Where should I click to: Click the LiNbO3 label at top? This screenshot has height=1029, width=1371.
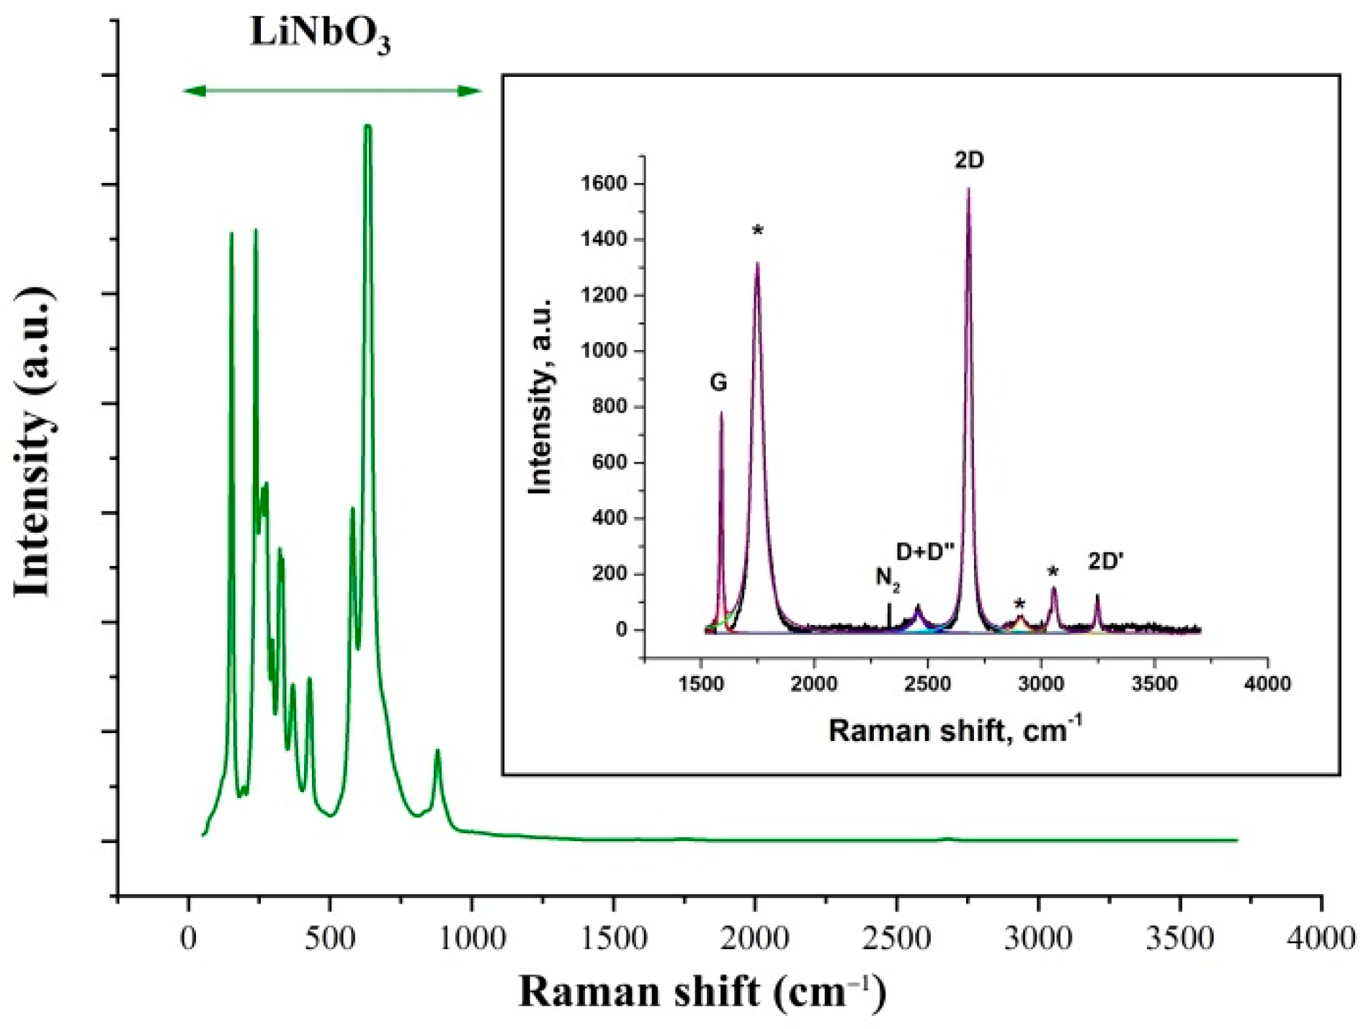[x=320, y=35]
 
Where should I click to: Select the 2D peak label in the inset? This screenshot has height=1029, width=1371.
[x=969, y=161]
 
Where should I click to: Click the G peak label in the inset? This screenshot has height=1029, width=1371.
[x=718, y=382]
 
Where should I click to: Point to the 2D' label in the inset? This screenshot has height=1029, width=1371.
[x=1106, y=561]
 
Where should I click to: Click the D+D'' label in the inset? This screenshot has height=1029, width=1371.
[x=925, y=552]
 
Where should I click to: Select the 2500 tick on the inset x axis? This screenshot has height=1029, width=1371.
[x=927, y=683]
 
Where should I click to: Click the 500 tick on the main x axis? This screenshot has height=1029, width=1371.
[x=329, y=939]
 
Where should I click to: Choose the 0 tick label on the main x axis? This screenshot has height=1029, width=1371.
[x=188, y=939]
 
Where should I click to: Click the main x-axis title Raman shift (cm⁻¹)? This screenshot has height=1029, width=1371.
[x=702, y=992]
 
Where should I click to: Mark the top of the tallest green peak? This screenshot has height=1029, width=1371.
[x=367, y=126]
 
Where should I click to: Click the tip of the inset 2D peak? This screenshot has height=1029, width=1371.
[x=968, y=189]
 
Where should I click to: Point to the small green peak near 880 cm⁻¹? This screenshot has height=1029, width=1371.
[x=437, y=751]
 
